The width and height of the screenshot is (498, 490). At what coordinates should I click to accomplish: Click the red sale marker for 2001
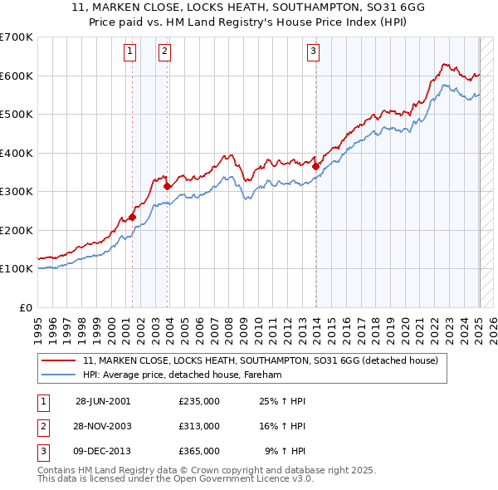coord(132,217)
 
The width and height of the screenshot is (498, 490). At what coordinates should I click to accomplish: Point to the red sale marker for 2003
coord(167,187)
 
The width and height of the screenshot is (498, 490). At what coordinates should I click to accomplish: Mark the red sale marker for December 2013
coord(315,167)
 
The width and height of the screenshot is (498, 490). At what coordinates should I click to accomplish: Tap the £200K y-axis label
coord(17,230)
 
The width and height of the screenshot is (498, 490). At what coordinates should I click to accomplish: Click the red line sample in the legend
coord(57,361)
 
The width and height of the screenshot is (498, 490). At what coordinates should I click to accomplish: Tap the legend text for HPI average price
coord(183,375)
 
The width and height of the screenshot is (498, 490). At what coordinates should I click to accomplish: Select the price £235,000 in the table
coord(198,401)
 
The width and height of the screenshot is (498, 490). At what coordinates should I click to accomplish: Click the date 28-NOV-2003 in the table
coord(103,426)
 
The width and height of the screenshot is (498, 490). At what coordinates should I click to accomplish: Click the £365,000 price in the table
coord(198,451)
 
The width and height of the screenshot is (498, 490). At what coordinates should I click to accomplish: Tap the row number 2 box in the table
coord(41,426)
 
